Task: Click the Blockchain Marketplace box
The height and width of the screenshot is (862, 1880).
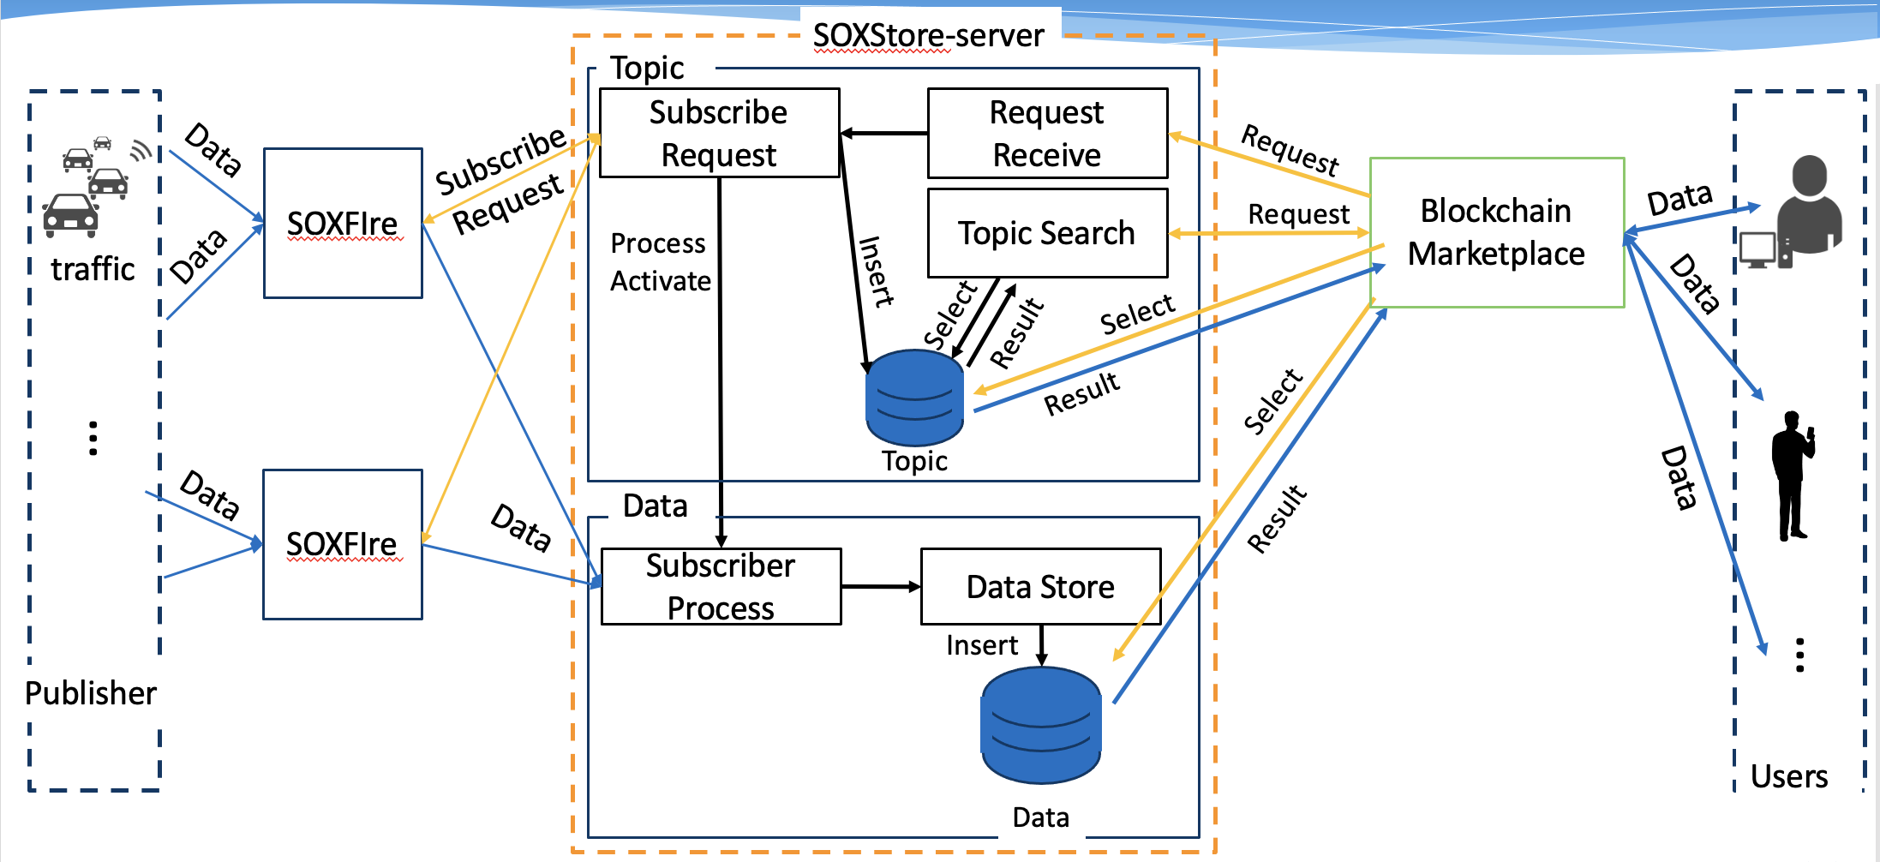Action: (1496, 232)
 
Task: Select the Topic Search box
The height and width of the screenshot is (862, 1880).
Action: (1046, 233)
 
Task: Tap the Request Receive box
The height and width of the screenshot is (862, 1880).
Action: (1046, 134)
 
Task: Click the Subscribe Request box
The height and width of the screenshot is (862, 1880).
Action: (718, 134)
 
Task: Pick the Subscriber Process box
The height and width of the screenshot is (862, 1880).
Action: (720, 587)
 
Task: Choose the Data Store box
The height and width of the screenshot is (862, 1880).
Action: (1040, 587)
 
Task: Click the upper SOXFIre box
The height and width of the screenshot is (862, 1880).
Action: (342, 224)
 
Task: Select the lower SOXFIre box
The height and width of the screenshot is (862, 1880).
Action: (342, 544)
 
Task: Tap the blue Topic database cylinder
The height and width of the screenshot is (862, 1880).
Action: (914, 398)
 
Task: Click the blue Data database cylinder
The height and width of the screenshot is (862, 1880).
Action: (1040, 725)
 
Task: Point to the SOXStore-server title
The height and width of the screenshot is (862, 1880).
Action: (928, 36)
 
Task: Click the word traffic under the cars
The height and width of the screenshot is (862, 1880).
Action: (93, 269)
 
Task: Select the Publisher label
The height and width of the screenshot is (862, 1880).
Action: (91, 693)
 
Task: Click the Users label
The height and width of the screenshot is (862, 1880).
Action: (1788, 776)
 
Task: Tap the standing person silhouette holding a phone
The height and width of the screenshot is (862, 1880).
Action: (1792, 476)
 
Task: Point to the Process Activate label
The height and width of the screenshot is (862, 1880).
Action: (659, 262)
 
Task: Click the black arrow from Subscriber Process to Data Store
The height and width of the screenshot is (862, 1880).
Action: (880, 587)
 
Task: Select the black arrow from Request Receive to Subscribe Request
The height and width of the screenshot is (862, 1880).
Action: (883, 134)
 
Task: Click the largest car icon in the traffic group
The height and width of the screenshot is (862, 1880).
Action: (70, 215)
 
